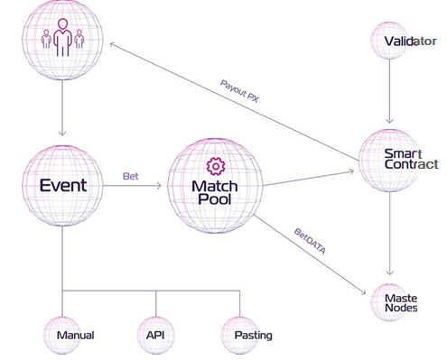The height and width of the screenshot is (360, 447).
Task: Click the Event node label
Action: (63, 185)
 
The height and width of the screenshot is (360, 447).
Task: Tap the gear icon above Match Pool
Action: (216, 166)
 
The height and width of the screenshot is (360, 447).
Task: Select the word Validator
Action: (411, 42)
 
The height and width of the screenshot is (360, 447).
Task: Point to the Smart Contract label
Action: (411, 159)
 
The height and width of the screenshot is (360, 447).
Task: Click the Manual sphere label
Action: (75, 335)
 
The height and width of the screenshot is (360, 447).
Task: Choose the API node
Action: (155, 335)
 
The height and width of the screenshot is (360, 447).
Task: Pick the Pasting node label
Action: (254, 336)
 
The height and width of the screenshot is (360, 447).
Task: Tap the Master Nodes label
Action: (401, 303)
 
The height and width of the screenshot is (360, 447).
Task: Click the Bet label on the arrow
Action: (131, 176)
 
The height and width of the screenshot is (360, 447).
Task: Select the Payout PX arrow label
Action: (239, 91)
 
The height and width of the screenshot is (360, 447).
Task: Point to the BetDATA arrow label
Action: (310, 241)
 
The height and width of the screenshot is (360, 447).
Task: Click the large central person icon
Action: (63, 37)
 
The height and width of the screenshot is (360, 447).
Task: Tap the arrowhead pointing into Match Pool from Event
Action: (158, 186)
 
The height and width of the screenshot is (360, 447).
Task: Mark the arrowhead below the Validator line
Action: (389, 120)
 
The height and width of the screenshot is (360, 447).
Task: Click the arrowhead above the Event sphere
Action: (62, 133)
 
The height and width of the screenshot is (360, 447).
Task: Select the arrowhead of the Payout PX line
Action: (113, 45)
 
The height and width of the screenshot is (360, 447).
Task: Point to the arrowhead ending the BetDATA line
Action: (363, 291)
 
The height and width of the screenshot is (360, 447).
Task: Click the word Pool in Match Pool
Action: (215, 199)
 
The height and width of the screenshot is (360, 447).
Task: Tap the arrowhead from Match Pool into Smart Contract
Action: (351, 171)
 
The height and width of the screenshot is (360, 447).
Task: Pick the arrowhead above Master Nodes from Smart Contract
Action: (390, 272)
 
